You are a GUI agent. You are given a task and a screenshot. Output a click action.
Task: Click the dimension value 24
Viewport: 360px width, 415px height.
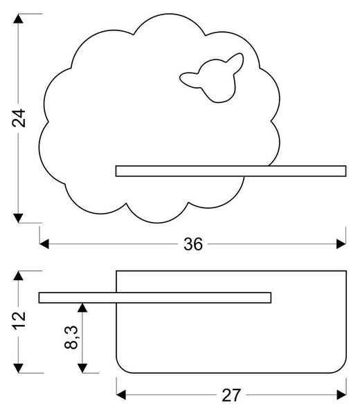[x=19, y=118]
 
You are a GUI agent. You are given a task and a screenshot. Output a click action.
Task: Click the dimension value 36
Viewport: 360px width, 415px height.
[x=193, y=244]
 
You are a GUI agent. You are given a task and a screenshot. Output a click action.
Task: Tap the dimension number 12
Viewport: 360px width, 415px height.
[x=19, y=320]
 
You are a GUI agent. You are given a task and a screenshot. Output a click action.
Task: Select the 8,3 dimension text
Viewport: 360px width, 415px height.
[x=71, y=338]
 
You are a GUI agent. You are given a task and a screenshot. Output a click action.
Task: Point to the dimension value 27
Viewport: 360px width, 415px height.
[x=231, y=396]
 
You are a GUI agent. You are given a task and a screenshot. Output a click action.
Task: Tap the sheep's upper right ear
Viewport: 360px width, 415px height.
[x=235, y=62]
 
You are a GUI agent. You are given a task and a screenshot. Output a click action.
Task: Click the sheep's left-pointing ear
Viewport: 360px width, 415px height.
[x=190, y=79]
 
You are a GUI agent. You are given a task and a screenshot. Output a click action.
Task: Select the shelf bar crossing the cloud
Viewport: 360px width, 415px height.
[x=231, y=171]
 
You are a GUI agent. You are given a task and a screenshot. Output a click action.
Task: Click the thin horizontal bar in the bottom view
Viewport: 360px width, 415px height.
[x=155, y=297]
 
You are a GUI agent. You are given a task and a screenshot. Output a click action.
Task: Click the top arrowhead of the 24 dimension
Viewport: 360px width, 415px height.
[x=18, y=19]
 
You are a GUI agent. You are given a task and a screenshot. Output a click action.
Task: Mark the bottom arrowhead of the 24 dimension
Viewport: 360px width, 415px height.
[x=18, y=218]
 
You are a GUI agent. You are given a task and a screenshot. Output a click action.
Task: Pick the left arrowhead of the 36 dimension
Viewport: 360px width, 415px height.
[x=44, y=244]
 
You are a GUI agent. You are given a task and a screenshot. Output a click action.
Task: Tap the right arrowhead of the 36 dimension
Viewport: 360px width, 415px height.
[x=341, y=244]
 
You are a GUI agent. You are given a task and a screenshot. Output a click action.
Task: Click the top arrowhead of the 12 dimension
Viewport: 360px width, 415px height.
[x=18, y=275]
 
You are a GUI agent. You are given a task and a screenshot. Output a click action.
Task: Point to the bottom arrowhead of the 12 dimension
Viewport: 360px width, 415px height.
[x=18, y=368]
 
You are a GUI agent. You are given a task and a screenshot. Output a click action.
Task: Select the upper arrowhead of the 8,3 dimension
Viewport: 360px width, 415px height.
[x=82, y=308]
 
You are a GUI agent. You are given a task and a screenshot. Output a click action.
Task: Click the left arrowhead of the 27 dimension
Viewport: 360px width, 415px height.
[x=121, y=395]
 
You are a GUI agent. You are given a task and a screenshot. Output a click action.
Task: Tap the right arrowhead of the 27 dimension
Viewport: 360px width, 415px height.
[x=341, y=395]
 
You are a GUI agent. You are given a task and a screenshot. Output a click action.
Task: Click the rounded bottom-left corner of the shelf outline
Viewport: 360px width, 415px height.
[x=121, y=369]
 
